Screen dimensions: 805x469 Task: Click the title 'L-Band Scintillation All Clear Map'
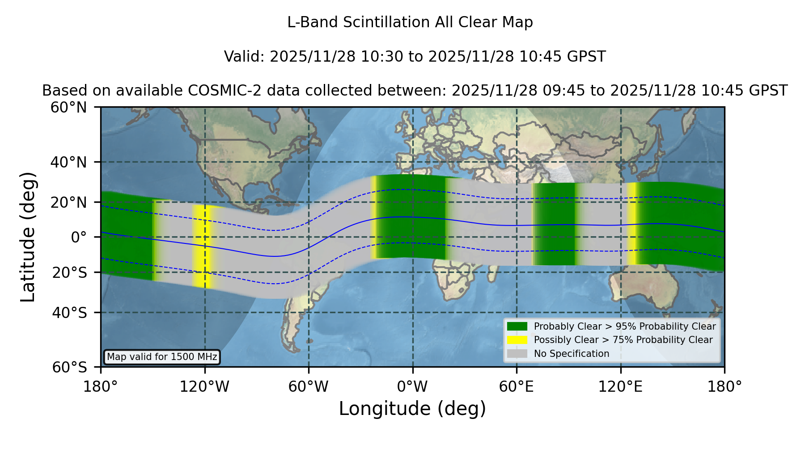410,22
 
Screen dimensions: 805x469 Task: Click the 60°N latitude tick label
68,108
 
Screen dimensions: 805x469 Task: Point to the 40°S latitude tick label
69,313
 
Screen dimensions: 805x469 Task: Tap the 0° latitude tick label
79,237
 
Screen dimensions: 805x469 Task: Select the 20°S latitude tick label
69,272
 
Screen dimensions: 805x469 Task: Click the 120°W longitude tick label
204,386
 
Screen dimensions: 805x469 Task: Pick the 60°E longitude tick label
517,386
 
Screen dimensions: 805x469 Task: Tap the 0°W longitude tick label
412,386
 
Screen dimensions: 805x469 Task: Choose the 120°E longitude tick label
620,386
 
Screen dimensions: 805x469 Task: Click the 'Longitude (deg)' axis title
412,409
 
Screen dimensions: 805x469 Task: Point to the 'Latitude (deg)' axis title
28,237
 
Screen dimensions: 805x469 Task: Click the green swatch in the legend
517,327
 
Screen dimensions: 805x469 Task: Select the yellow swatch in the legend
517,340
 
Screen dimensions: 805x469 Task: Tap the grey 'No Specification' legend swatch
517,354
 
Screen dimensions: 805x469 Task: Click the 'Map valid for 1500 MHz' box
162,357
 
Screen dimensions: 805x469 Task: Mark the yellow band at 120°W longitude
202,247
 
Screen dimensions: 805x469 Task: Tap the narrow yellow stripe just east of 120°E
632,223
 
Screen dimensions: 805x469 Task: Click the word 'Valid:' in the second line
244,57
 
